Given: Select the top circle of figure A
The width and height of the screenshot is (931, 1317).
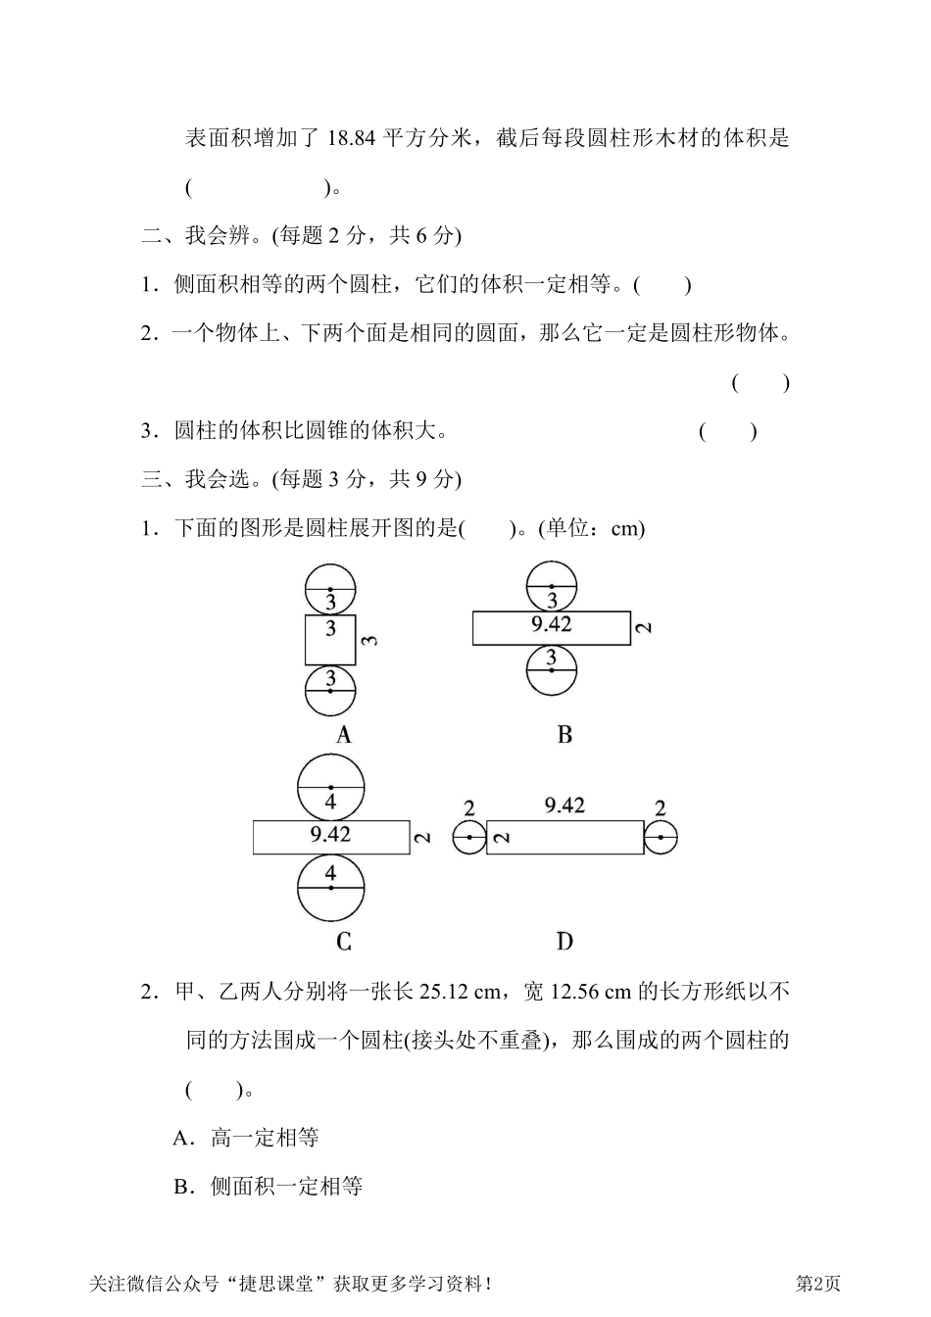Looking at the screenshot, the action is click(x=330, y=588).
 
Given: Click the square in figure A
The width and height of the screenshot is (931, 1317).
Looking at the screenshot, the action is click(x=330, y=639).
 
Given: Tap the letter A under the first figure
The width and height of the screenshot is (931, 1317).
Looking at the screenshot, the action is click(x=343, y=735).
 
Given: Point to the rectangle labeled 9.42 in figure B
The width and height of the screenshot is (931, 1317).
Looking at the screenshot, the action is click(x=551, y=627).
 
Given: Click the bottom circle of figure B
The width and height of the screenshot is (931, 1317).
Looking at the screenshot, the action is click(x=551, y=670).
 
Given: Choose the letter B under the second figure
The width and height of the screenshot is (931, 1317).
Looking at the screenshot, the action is click(x=564, y=735).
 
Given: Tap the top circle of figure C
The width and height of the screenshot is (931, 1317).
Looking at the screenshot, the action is click(x=331, y=787).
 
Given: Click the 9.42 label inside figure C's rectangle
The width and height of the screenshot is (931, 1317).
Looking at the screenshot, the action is click(x=330, y=835).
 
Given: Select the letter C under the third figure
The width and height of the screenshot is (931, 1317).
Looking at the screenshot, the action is click(x=343, y=942).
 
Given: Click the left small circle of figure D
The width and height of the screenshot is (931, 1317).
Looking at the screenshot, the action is click(x=469, y=838).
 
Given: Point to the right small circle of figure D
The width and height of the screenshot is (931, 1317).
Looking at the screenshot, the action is click(x=661, y=838).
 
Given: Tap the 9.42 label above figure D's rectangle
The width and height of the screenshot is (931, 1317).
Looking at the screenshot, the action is click(x=564, y=805).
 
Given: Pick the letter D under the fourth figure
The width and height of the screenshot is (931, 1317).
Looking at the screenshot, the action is click(x=564, y=942).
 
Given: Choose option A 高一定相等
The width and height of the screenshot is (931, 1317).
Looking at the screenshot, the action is click(x=246, y=1138).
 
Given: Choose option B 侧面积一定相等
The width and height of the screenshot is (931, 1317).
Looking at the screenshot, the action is click(x=268, y=1187).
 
